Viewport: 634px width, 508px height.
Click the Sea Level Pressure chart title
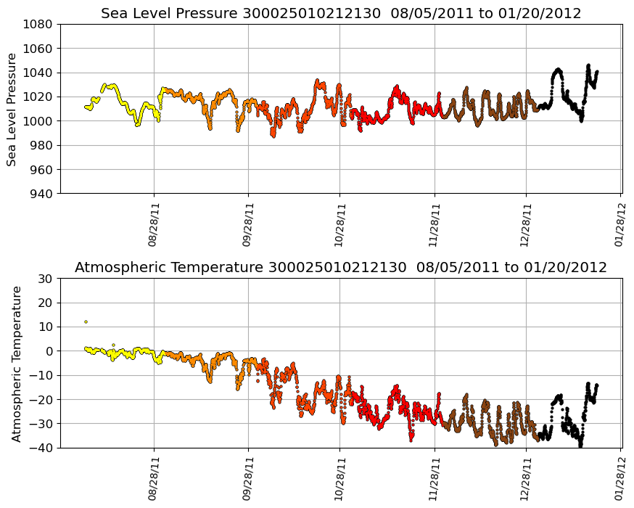coord(340,13)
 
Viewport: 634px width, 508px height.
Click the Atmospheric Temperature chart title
coord(340,267)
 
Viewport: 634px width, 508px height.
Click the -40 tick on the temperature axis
coord(43,448)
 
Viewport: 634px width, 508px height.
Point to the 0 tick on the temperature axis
coord(50,351)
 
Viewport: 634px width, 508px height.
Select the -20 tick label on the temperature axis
coord(43,400)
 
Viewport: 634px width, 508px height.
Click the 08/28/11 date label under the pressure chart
coord(154,224)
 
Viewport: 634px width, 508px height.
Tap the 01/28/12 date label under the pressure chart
coord(620,224)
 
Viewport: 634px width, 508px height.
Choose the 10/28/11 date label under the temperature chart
coord(339,478)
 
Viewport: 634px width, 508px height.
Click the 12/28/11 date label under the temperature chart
coord(527,478)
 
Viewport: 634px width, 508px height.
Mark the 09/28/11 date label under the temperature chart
coord(248,478)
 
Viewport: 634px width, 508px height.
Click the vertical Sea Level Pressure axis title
coord(12,109)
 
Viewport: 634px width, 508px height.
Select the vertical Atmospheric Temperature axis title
coord(17,363)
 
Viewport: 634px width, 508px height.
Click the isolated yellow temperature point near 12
coord(86,321)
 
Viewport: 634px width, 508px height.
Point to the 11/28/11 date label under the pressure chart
coord(435,224)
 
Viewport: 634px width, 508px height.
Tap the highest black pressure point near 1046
coord(588,65)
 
